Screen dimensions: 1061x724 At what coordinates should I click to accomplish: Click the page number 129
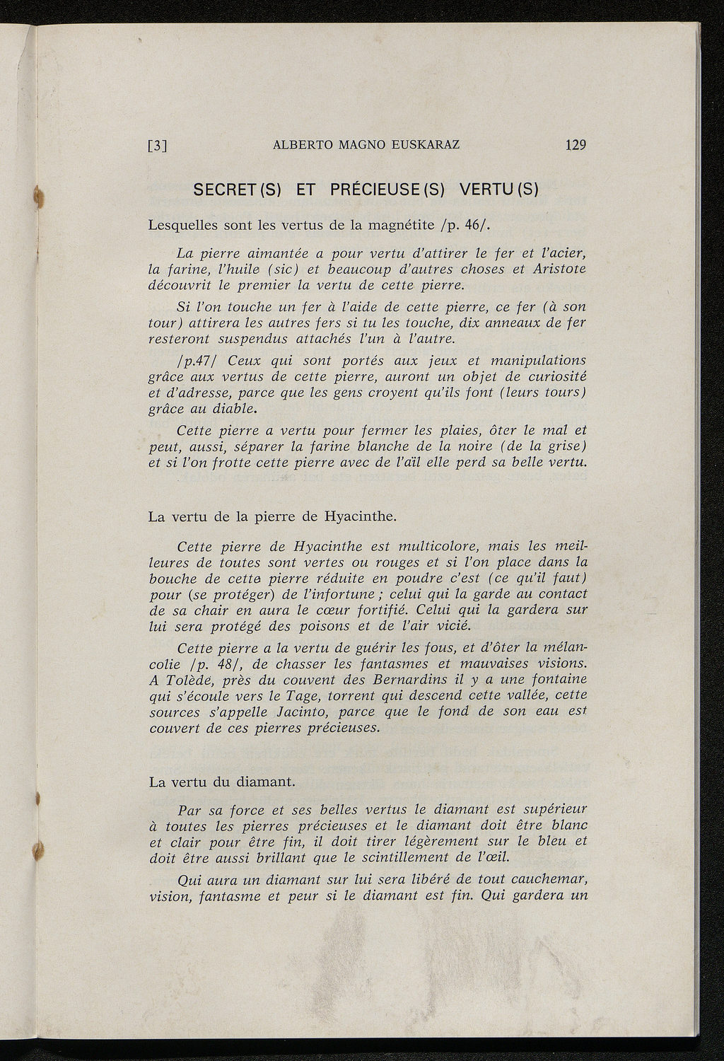coord(576,145)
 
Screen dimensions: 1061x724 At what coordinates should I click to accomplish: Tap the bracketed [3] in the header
coord(157,146)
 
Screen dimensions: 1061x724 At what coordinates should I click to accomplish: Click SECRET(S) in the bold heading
coord(238,190)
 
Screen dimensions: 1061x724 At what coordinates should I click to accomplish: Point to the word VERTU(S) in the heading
coord(499,190)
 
